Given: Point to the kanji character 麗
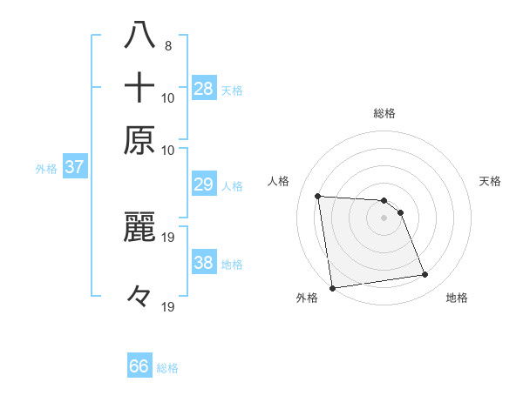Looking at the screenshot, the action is [x=139, y=225].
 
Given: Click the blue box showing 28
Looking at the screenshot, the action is [x=204, y=89].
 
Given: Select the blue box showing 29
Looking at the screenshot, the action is [x=204, y=185].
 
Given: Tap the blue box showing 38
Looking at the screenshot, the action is [x=204, y=263].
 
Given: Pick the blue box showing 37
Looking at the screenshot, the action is [x=74, y=167].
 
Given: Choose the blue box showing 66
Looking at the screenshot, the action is [x=139, y=366].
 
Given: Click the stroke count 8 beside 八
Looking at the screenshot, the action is [x=167, y=46].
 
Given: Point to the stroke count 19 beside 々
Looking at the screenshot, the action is [x=167, y=306].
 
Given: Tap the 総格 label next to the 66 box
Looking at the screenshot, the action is [x=168, y=368].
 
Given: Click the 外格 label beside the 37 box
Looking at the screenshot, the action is [x=46, y=169].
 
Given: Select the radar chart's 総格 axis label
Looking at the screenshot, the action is [x=384, y=113].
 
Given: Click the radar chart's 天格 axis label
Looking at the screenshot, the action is [x=490, y=181].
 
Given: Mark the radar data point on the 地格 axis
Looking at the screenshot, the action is [x=425, y=275].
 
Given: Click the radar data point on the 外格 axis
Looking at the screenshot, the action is [x=332, y=288].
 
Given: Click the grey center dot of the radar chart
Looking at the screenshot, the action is [x=384, y=218].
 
